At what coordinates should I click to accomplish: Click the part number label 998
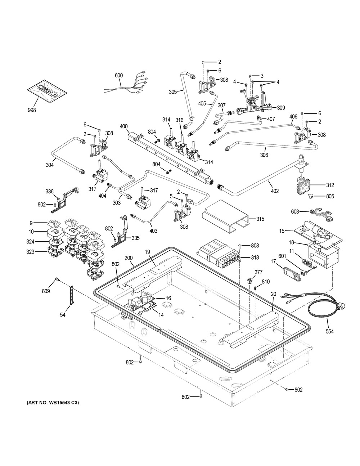32,110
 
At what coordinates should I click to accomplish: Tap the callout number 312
330,185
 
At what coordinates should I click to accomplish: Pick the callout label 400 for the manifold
123,126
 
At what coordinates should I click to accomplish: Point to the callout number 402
275,191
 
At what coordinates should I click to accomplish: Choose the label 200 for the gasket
129,258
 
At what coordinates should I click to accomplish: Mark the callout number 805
330,196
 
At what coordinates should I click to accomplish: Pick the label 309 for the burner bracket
281,107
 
